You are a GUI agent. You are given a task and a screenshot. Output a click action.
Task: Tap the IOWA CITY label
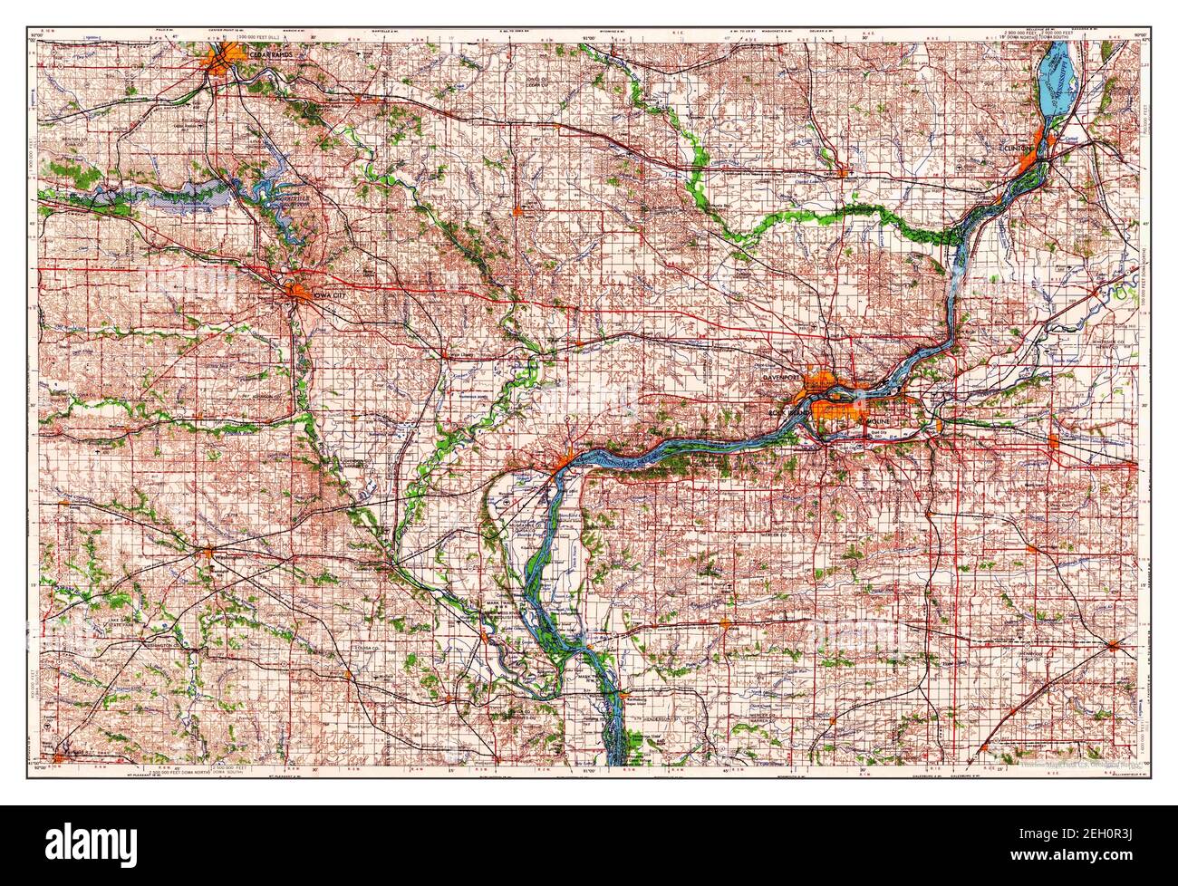pyautogui.click(x=324, y=294)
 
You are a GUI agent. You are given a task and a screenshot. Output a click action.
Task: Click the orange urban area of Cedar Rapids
pyautogui.click(x=222, y=61)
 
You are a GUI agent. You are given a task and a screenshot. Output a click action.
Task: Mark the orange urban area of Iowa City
pyautogui.click(x=299, y=291)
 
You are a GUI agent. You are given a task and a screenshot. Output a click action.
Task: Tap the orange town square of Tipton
pyautogui.click(x=517, y=213)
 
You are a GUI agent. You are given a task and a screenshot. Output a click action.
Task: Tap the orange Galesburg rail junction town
pyautogui.click(x=1113, y=646)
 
